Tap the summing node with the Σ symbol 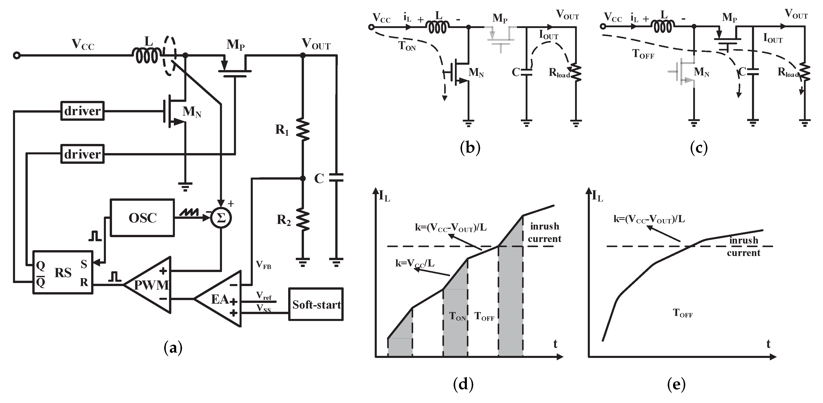tap(221, 218)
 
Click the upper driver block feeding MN tap(82, 111)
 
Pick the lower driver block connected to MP tap(82, 154)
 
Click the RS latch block tap(63, 273)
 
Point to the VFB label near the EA tap(263, 265)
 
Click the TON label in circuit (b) tap(407, 46)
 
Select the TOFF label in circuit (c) tap(643, 54)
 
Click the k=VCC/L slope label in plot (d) tap(415, 263)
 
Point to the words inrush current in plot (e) tap(743, 246)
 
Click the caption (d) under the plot tap(463, 384)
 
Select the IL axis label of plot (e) tap(597, 196)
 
